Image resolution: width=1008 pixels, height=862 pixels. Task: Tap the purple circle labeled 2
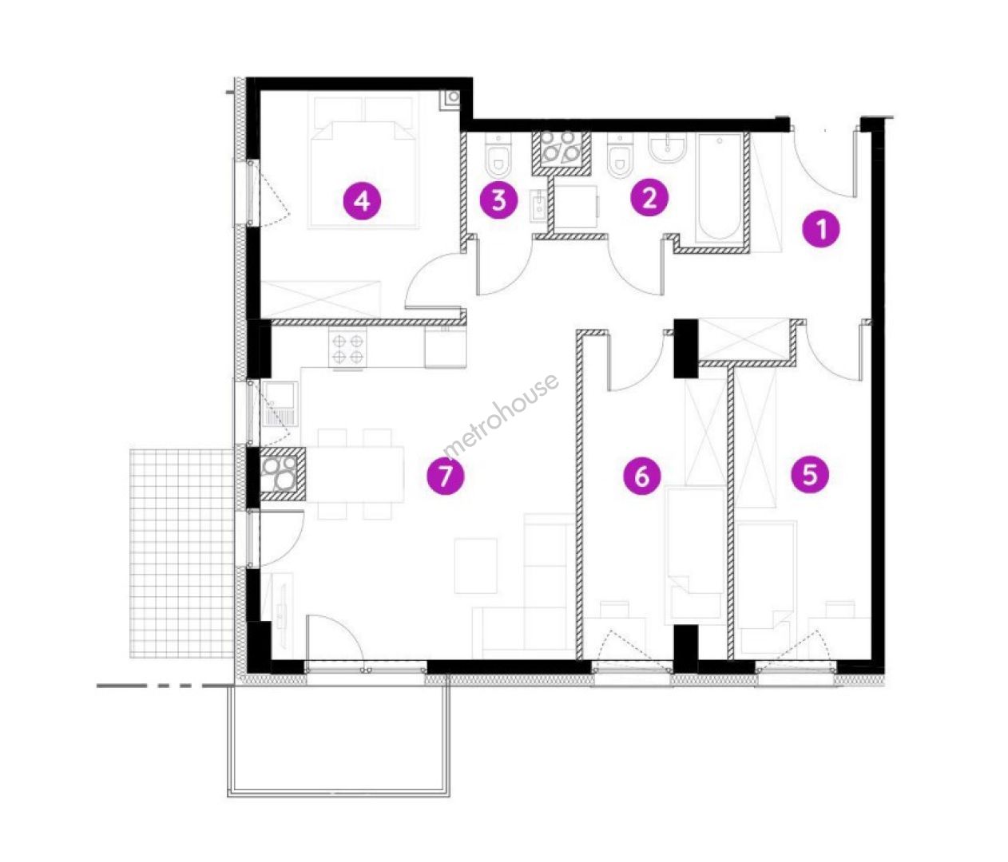point(649,198)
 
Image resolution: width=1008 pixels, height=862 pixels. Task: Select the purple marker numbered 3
point(498,200)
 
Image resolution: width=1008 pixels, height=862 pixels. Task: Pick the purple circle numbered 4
point(362,200)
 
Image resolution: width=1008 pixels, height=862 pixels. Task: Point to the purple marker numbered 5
point(810,474)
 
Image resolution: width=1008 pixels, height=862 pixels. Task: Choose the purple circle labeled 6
point(641,476)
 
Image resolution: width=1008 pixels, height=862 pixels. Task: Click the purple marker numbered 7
point(445,476)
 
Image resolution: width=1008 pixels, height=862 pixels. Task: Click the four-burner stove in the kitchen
point(348,350)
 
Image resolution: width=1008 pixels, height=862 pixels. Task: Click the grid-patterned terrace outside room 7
point(181,554)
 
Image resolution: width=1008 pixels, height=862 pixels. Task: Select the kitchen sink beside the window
point(280,404)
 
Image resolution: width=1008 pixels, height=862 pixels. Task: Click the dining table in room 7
point(355,474)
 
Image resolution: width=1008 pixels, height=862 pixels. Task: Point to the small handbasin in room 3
point(539,205)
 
